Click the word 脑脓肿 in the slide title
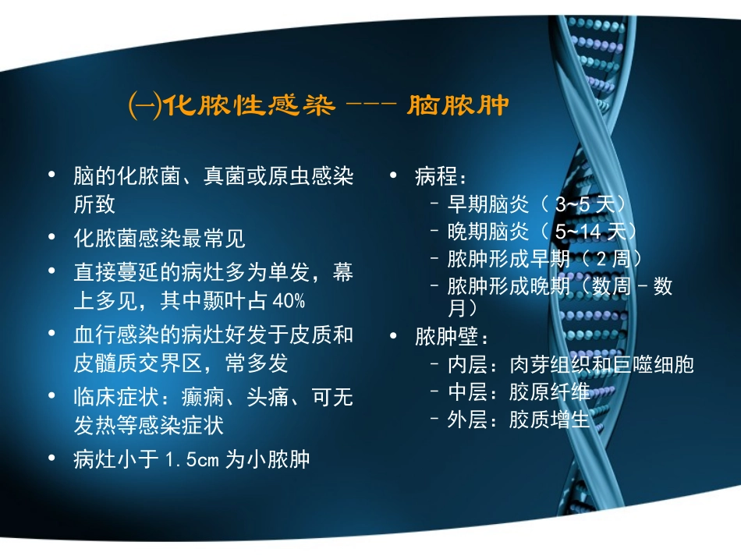coord(459,105)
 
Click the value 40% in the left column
coord(289,301)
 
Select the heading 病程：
coord(441,177)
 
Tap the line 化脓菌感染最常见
coord(159,238)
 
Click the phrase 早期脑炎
coord(478,205)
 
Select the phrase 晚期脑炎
coord(478,232)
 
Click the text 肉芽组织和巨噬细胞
coord(601,365)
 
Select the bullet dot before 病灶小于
coord(51,459)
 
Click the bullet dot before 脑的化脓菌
coord(51,175)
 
